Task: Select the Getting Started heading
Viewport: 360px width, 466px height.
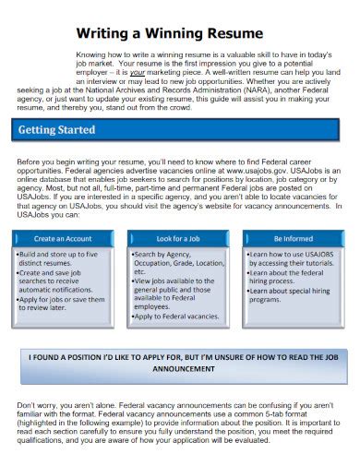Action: (x=56, y=130)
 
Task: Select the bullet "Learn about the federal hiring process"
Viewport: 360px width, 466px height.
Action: (x=290, y=279)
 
